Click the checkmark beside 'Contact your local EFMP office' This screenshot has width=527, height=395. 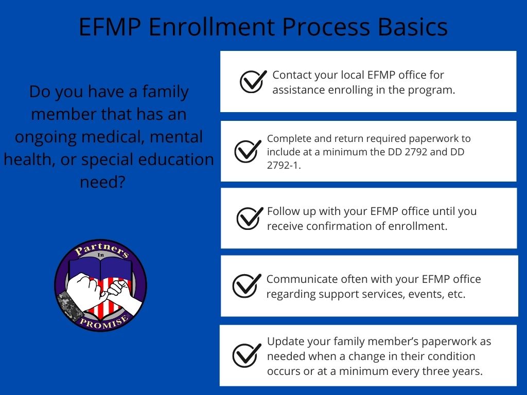(x=253, y=81)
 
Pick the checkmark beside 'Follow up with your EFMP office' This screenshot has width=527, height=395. (x=250, y=218)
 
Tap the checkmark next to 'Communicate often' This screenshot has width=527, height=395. (x=247, y=285)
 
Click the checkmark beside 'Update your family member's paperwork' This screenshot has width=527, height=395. (x=247, y=355)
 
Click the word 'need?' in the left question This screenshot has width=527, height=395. (x=102, y=182)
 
